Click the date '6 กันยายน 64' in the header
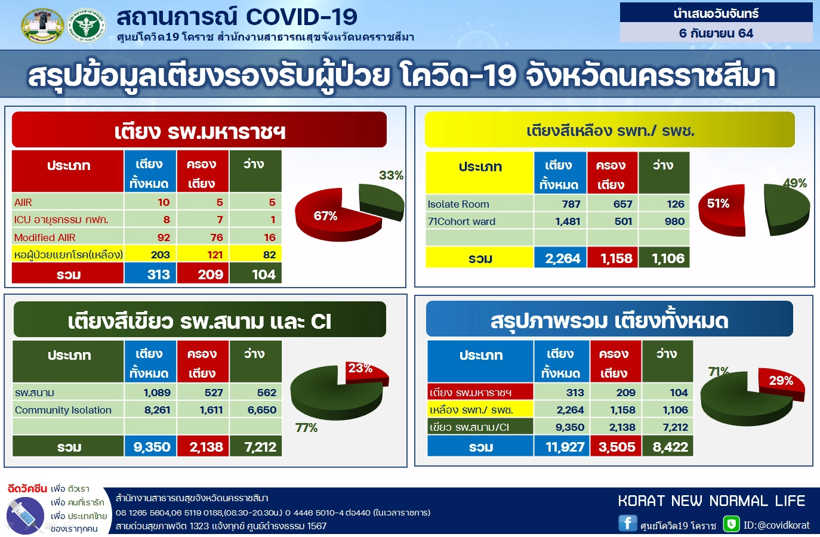click(716, 33)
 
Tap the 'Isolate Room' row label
click(458, 204)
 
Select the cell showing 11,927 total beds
click(564, 447)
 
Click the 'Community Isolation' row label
click(63, 410)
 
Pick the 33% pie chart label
click(391, 175)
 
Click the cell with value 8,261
click(157, 410)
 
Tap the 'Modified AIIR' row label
click(45, 237)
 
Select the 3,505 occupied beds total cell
click(616, 447)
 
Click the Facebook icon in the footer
click(627, 523)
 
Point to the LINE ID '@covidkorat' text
click(776, 525)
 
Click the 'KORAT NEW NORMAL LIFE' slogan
click(711, 501)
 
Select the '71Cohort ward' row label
click(461, 221)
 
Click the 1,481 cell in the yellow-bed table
click(567, 221)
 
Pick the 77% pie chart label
click(306, 428)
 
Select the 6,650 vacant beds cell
click(261, 410)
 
